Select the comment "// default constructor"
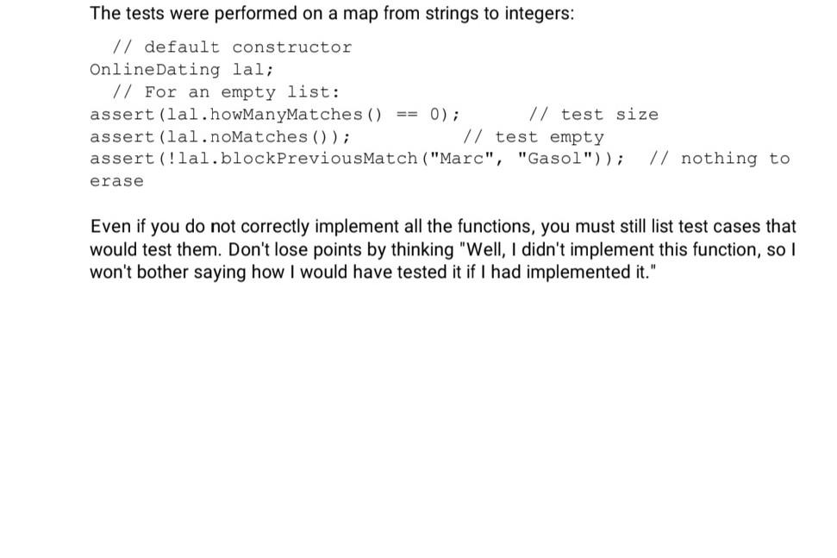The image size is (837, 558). pyautogui.click(x=232, y=47)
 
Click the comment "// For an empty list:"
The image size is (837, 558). pyautogui.click(x=226, y=92)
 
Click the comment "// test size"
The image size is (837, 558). pyautogui.click(x=593, y=115)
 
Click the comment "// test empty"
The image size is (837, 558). pyautogui.click(x=534, y=137)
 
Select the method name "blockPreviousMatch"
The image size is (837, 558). pyautogui.click(x=319, y=159)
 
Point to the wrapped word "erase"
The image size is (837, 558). pyautogui.click(x=116, y=181)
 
